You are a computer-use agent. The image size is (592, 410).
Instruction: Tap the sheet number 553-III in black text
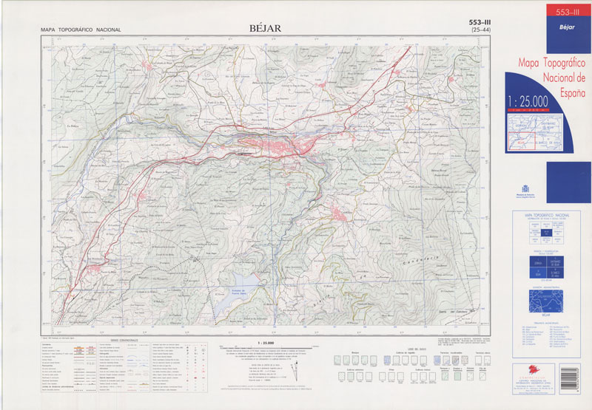click(481, 23)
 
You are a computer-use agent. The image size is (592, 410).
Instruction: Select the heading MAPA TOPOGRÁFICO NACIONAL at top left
click(81, 30)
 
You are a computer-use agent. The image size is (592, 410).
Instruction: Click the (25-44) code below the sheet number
click(481, 31)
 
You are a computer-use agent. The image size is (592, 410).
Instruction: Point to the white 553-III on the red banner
click(562, 11)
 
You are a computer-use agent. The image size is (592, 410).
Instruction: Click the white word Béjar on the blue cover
click(560, 25)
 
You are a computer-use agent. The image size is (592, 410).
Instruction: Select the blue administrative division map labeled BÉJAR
click(547, 299)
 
